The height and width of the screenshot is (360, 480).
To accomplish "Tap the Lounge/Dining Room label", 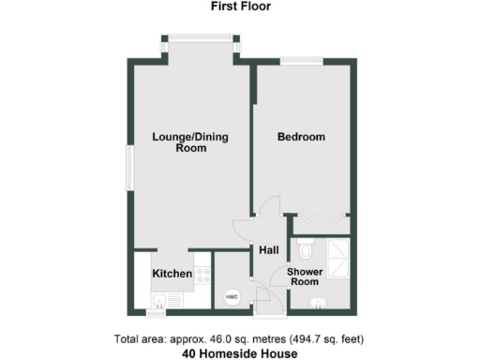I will (190, 142).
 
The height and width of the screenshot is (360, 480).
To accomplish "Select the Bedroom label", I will (301, 138).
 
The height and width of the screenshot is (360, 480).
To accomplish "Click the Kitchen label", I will (172, 274).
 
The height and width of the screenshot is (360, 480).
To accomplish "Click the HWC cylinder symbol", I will (231, 297).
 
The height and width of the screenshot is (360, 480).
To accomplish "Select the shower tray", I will (335, 251).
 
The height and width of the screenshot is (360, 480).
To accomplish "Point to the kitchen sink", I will (158, 300).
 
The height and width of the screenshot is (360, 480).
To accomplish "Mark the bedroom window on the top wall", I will (301, 61).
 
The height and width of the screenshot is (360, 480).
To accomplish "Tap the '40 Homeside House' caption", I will (239, 353).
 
